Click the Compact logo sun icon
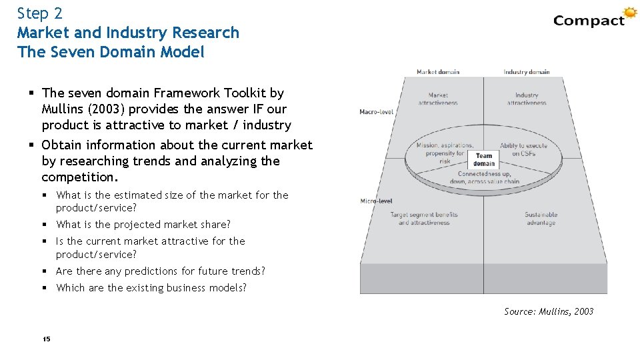click(630, 13)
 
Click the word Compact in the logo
click(589, 21)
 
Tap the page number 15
click(46, 339)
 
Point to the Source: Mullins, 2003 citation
click(549, 311)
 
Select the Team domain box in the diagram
click(484, 160)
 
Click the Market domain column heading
click(438, 72)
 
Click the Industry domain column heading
click(527, 72)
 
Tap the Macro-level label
click(377, 111)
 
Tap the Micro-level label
click(376, 201)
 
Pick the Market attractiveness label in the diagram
click(438, 99)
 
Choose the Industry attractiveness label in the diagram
click(527, 99)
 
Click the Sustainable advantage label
click(541, 219)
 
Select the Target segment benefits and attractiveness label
click(424, 219)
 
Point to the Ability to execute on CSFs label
click(524, 149)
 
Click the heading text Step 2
click(40, 13)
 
